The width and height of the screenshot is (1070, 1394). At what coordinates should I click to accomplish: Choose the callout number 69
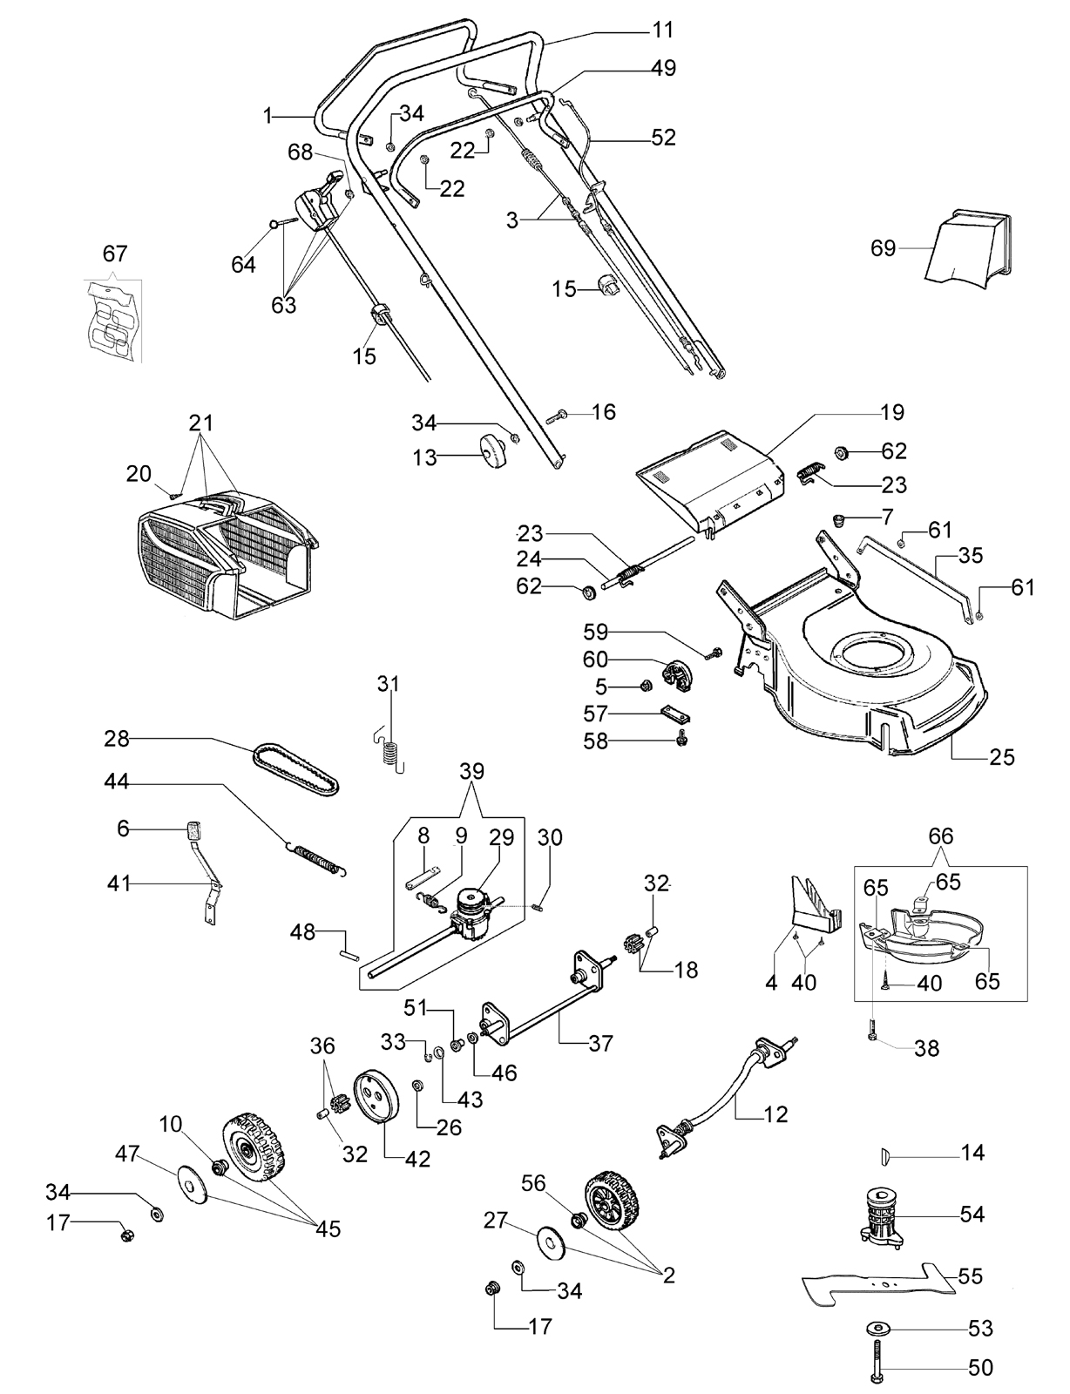[883, 248]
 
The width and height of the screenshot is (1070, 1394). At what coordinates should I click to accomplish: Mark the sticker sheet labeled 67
[113, 321]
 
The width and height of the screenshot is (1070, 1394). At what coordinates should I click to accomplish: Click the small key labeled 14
[884, 1154]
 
